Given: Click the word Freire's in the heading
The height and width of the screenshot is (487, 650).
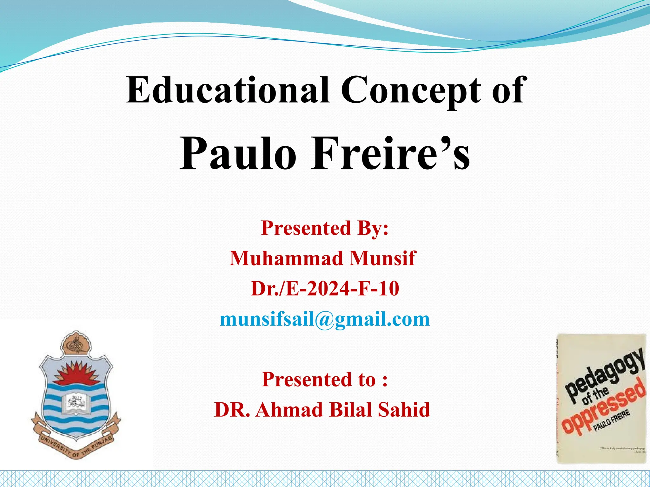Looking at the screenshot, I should click(390, 153).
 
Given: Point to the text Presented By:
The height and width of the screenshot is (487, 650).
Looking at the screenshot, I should click(325, 228).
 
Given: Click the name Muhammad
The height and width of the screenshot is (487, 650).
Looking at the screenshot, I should click(287, 258).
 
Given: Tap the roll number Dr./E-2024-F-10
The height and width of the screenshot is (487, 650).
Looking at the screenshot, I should click(325, 289).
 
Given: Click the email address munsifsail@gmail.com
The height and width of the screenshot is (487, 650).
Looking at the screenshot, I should click(325, 319).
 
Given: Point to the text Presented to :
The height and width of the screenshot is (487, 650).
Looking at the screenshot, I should click(325, 380).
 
